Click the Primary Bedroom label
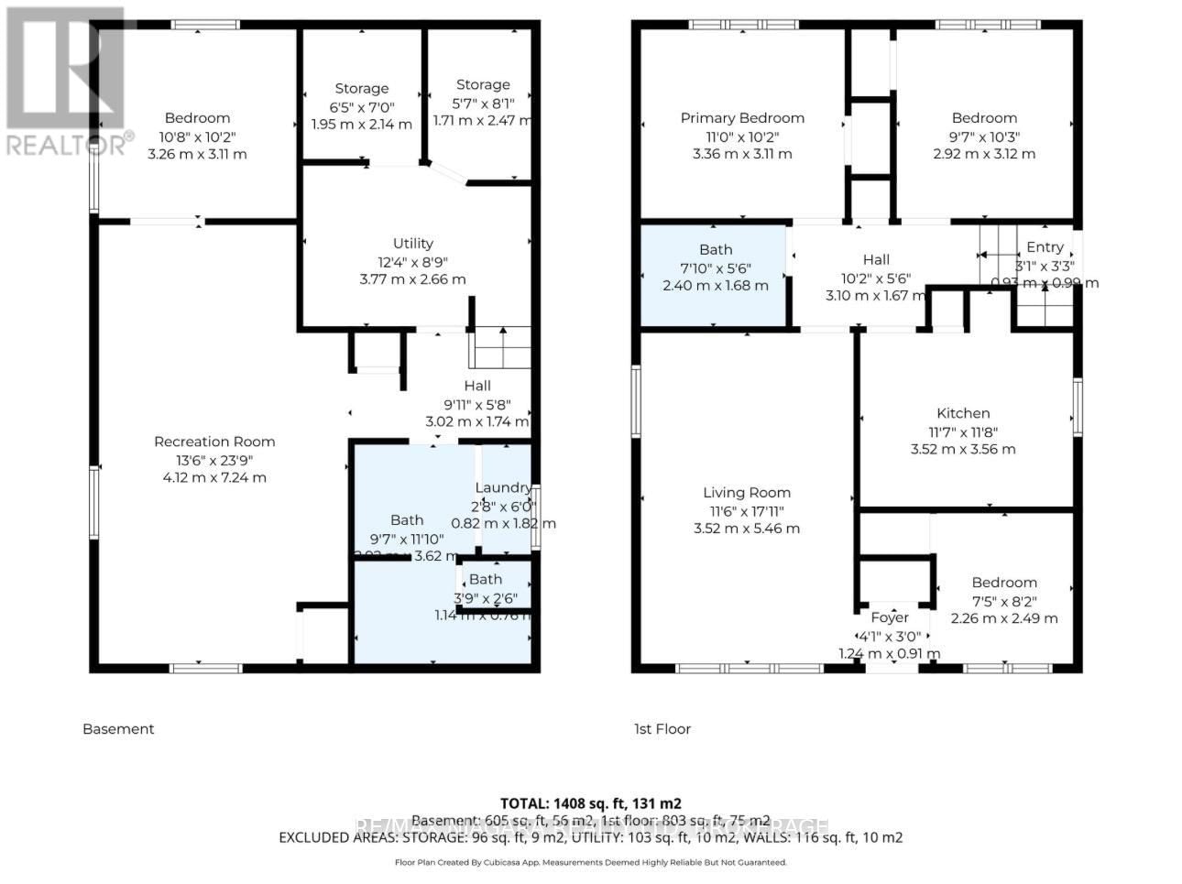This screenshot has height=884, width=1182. pos(742,118)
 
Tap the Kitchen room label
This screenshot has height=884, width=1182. pos(963,413)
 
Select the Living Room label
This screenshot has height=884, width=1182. pos(747,493)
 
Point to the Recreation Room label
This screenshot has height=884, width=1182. pos(214,442)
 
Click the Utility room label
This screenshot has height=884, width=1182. pos(412,244)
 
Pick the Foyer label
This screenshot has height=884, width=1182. pos(889,617)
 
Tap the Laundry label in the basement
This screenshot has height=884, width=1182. pos(503,487)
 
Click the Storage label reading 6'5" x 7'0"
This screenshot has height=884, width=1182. pos(361,89)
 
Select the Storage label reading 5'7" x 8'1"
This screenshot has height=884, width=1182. pos(483,84)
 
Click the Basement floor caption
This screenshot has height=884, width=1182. pos(118,729)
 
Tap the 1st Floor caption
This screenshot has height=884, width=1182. pos(662,729)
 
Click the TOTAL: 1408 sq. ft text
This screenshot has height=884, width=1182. pos(591,803)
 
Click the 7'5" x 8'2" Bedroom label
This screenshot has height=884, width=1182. pos(1004,583)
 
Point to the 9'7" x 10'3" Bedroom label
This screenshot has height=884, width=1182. pos(984,118)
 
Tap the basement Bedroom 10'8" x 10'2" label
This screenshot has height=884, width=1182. pos(197,118)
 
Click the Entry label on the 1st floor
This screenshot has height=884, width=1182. pos(1045,247)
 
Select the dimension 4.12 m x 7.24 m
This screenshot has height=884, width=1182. pos(214,477)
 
